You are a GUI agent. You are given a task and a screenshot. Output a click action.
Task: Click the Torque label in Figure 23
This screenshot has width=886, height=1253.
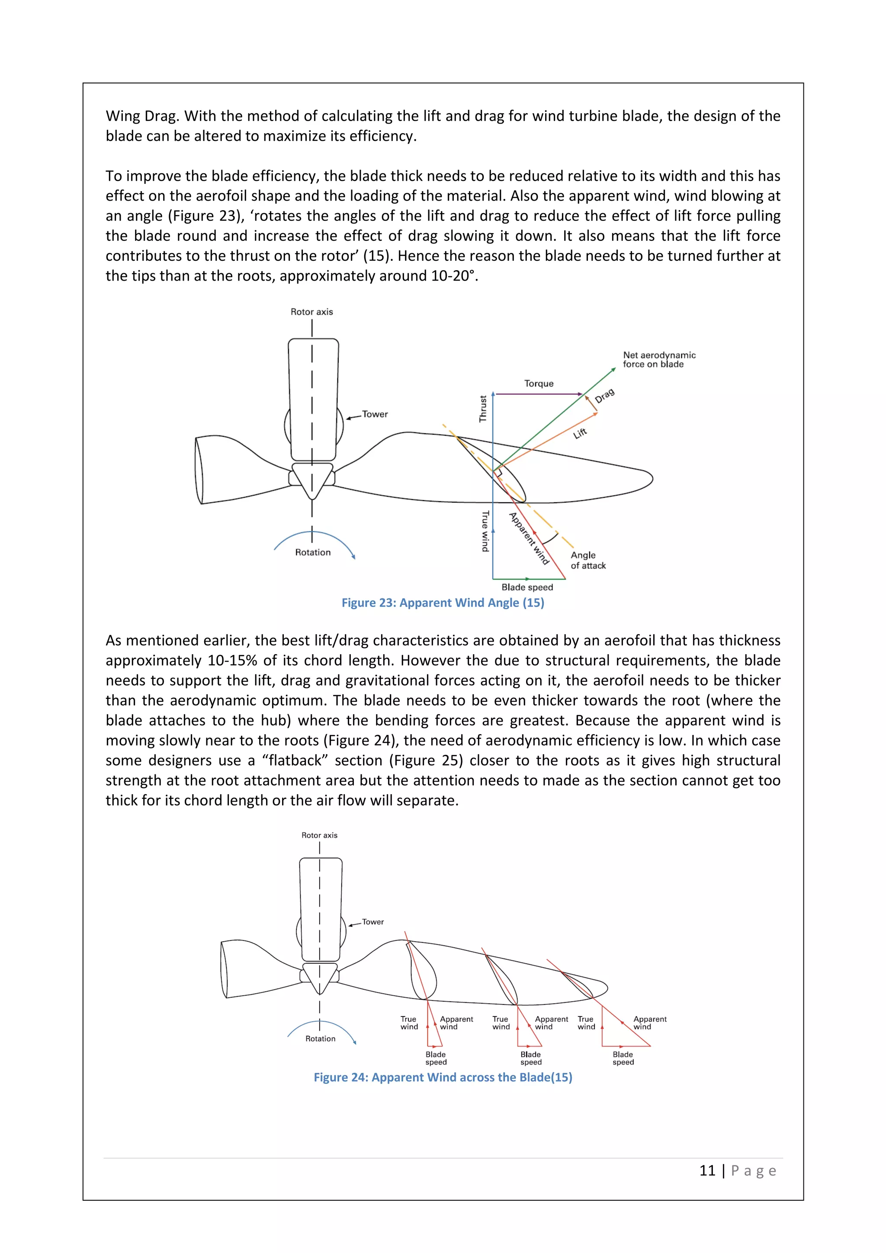538,384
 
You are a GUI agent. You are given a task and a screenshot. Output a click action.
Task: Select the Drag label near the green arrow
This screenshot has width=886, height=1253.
604,396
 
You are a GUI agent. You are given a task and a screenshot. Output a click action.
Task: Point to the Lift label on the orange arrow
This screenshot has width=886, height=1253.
580,433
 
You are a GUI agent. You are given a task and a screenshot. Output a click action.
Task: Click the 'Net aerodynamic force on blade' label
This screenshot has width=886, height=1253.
658,360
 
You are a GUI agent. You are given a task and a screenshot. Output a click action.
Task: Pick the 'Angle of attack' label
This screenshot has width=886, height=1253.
587,560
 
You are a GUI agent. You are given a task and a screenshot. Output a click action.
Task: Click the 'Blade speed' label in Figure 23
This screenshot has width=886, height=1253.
527,587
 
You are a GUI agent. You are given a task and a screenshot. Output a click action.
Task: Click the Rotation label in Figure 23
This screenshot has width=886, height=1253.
312,552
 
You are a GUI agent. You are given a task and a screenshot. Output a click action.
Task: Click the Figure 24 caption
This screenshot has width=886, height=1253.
443,1077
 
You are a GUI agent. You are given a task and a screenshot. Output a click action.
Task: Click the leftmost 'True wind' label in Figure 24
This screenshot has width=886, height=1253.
409,1023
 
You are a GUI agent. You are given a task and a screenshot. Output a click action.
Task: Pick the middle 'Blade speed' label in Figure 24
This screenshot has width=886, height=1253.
531,1058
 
